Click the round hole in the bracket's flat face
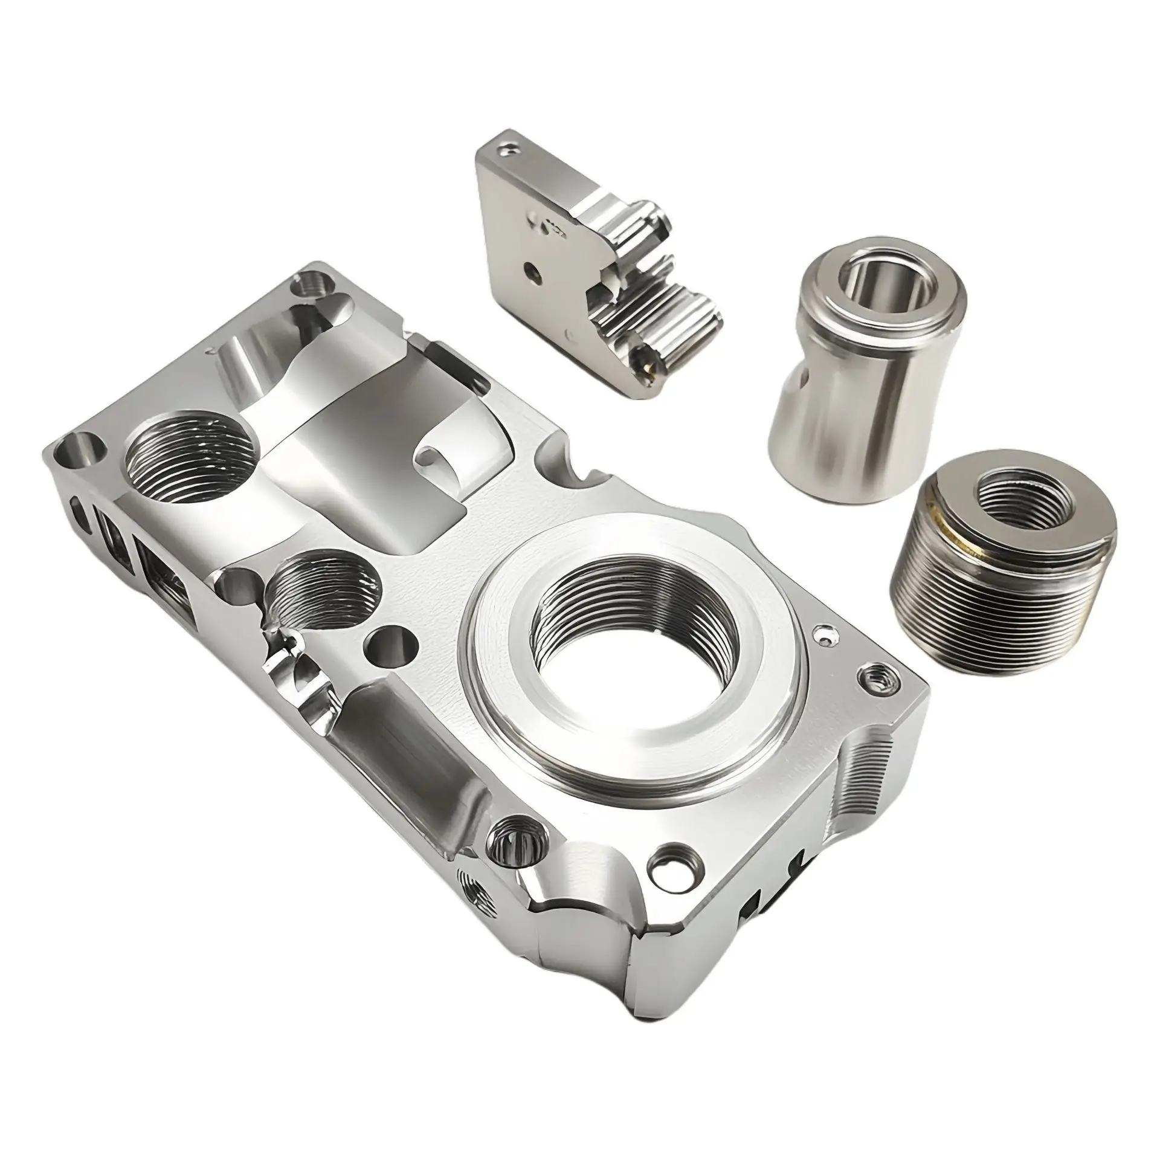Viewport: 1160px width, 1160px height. click(x=531, y=266)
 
